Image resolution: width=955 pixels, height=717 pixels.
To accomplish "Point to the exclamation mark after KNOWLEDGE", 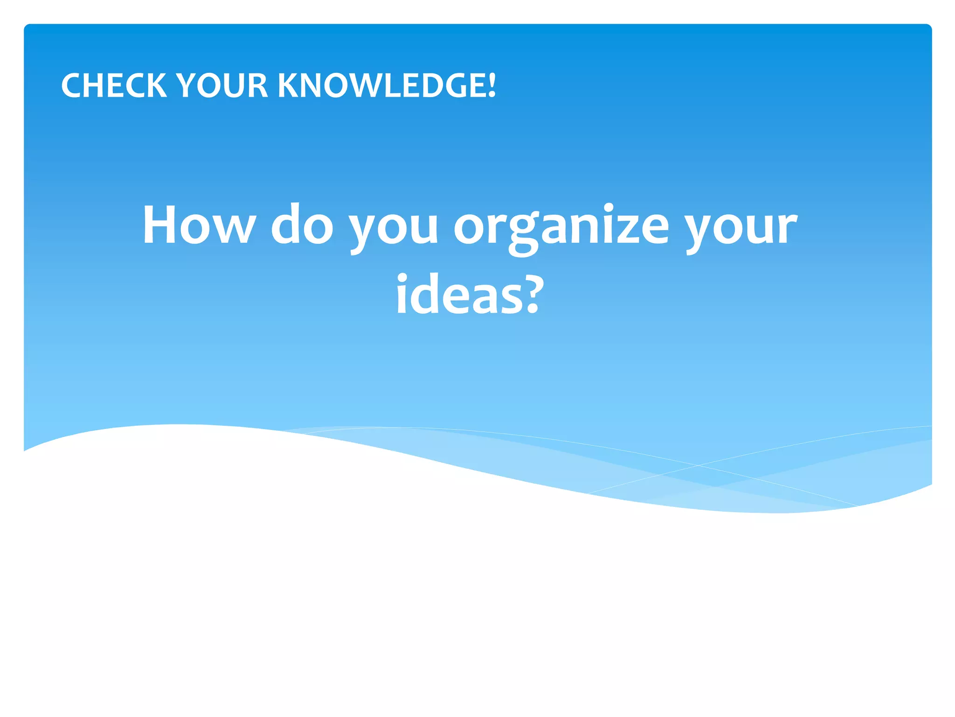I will (491, 85).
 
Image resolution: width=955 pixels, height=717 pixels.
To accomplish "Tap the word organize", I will (561, 229).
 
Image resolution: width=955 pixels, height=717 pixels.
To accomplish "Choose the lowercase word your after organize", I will (741, 229).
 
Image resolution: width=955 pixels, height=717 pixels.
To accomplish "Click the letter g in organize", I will (523, 233).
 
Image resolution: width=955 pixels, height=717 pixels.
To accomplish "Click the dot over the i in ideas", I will (402, 276).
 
